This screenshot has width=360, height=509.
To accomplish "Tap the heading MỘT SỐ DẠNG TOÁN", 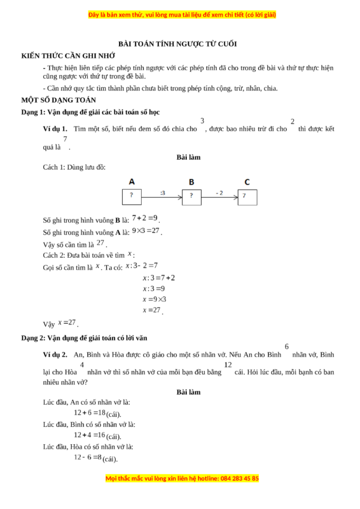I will [x=59, y=100].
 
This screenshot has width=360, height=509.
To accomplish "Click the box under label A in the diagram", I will [x=132, y=196].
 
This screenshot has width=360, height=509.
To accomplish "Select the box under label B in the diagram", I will [x=191, y=196].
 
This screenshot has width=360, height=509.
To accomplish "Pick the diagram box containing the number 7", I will [x=247, y=196].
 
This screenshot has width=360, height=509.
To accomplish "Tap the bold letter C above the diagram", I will [x=247, y=181].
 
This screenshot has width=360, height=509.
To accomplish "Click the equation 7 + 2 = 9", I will [x=145, y=218].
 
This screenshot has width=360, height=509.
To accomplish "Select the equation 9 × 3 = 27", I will [x=146, y=231].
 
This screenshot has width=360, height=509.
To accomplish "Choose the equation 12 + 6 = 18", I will [x=90, y=412].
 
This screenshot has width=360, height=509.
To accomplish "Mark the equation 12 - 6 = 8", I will [x=88, y=457].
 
